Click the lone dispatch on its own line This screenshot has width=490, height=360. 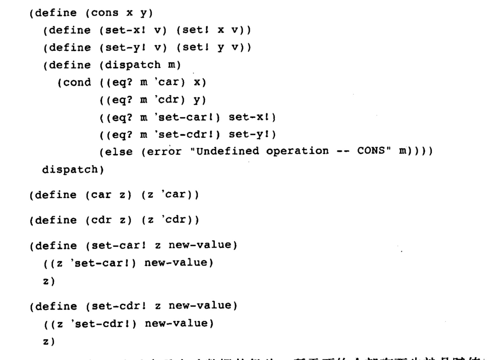click(70, 169)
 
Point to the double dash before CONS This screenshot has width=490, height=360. click(342, 151)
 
